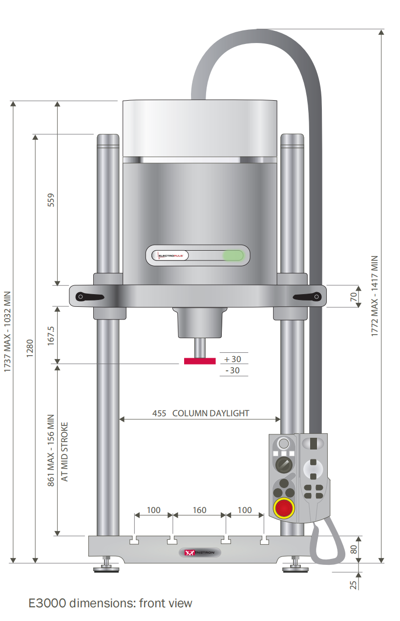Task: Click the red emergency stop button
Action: pos(284,508)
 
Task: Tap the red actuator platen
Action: pos(200,361)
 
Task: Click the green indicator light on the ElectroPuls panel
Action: pos(233,256)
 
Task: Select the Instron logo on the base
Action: pos(200,553)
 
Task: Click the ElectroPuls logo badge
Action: pos(170,256)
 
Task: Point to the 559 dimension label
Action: pos(51,200)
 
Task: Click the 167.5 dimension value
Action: pos(51,336)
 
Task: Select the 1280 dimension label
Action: pos(30,348)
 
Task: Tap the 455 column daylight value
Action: pos(159,414)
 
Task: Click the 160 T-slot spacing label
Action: pos(199,510)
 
